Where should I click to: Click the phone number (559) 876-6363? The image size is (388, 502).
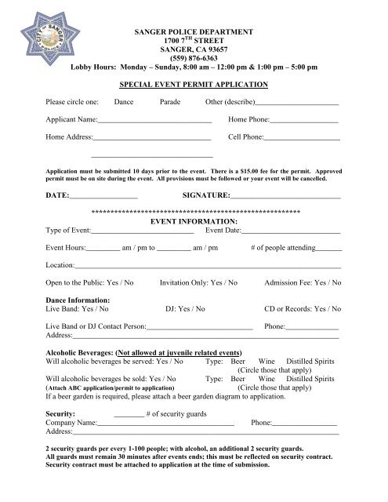[x=193, y=56]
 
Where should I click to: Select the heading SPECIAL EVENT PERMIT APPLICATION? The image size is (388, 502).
[x=193, y=84]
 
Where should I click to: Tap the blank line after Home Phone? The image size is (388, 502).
[x=304, y=122]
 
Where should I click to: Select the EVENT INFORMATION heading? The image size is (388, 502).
[x=193, y=221]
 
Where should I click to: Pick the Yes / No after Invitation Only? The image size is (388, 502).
[x=225, y=283]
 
